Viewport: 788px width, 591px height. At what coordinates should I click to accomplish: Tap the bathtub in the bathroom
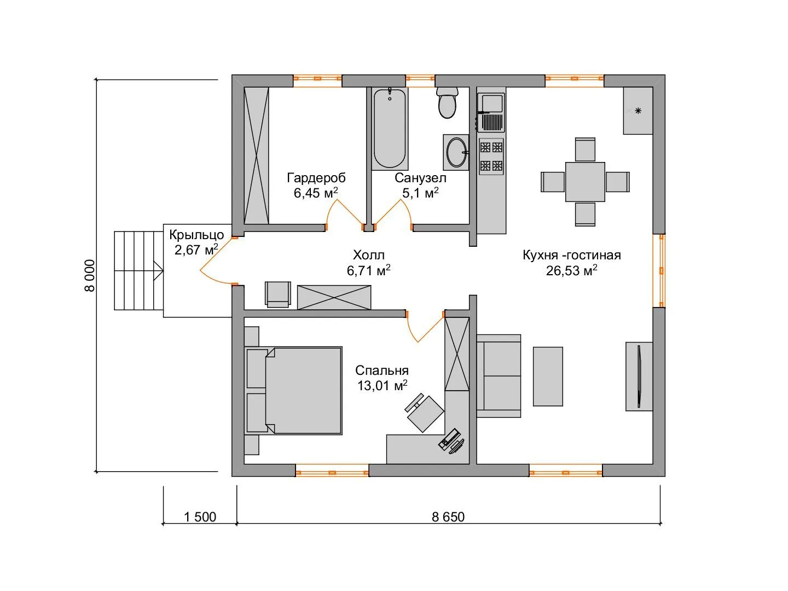pyautogui.click(x=390, y=129)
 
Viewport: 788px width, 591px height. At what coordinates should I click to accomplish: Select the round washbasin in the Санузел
pyautogui.click(x=456, y=152)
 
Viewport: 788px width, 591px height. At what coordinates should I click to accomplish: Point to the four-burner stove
pyautogui.click(x=491, y=157)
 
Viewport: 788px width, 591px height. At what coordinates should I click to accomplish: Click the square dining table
pyautogui.click(x=585, y=182)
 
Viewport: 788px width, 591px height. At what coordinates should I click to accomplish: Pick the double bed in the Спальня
pyautogui.click(x=293, y=390)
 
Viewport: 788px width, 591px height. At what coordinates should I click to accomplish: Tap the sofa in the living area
pyautogui.click(x=499, y=376)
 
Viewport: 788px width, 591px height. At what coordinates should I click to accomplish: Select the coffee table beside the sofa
pyautogui.click(x=547, y=376)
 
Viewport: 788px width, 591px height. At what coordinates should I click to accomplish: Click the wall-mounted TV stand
pyautogui.click(x=639, y=376)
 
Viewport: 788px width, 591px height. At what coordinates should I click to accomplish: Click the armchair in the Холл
pyautogui.click(x=277, y=294)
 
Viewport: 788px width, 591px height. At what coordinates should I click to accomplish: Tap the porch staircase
pyautogui.click(x=138, y=270)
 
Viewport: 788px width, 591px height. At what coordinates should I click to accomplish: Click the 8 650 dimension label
pyautogui.click(x=448, y=517)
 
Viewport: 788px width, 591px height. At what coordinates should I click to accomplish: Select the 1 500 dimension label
pyautogui.click(x=200, y=517)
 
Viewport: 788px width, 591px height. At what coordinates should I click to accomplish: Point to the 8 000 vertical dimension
pyautogui.click(x=90, y=275)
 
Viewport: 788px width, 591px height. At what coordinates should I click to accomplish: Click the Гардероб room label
pyautogui.click(x=316, y=178)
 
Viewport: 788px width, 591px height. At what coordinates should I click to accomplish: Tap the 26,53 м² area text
pyautogui.click(x=571, y=270)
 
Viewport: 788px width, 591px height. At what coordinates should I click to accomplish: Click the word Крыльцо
pyautogui.click(x=196, y=235)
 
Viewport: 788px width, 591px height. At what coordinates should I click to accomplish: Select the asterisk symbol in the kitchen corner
pyautogui.click(x=638, y=111)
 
